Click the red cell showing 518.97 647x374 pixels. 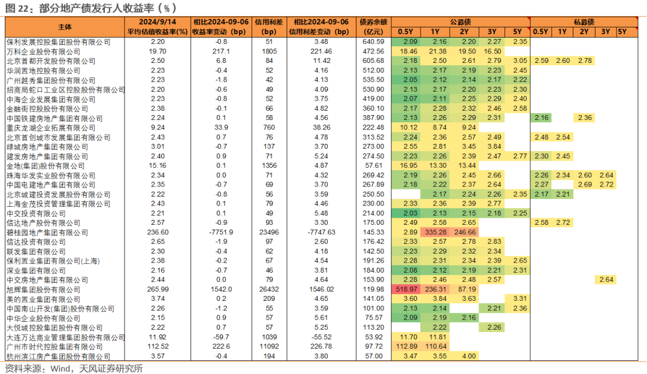pos(406,289)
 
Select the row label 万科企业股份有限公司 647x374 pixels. pos(44,52)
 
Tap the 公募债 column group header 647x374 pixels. pos(461,22)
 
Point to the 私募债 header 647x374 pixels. pos(583,22)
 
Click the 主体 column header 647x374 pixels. pos(65,27)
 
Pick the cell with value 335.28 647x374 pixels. pos(436,233)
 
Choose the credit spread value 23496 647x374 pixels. pos(269,233)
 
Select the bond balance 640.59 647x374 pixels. pos(373,42)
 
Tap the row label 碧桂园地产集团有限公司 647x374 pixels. pos(47,233)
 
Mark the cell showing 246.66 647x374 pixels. pos(465,233)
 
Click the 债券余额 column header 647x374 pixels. pos(373,22)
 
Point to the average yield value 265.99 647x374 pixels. pos(158,289)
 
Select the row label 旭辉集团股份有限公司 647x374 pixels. pos(44,289)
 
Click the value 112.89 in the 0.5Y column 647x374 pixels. pos(406,346)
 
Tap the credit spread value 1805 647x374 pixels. pos(269,52)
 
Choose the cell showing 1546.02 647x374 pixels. pos(321,289)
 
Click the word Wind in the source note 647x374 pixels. pos(61,369)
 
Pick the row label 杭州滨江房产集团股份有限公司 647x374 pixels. pos(59,356)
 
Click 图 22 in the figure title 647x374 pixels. pos(16,8)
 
